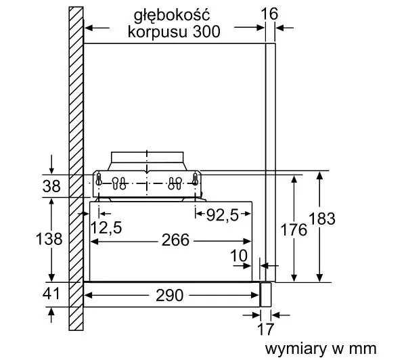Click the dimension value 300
[x=206, y=32]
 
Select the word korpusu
[x=155, y=32]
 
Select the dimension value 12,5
[x=106, y=228]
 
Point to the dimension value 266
[x=175, y=240]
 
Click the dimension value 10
[x=239, y=256]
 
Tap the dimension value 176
[x=293, y=229]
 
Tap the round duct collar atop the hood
[x=146, y=160]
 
